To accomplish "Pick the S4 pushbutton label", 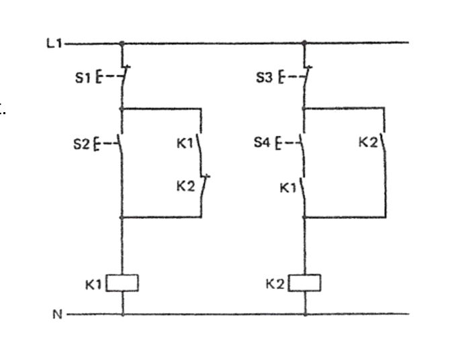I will pyautogui.click(x=262, y=142).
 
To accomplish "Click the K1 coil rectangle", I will pyautogui.click(x=123, y=283).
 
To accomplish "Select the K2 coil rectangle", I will pyautogui.click(x=305, y=283).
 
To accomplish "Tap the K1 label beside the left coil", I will pyautogui.click(x=93, y=284).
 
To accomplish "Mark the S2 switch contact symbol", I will pyautogui.click(x=121, y=142).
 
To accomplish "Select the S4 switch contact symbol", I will pyautogui.click(x=303, y=142).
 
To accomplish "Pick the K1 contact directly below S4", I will pyautogui.click(x=304, y=187).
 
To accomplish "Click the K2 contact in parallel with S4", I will pyautogui.click(x=383, y=142).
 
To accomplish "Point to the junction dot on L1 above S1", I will pyautogui.click(x=122, y=44).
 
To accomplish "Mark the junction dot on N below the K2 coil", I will pyautogui.click(x=305, y=314).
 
